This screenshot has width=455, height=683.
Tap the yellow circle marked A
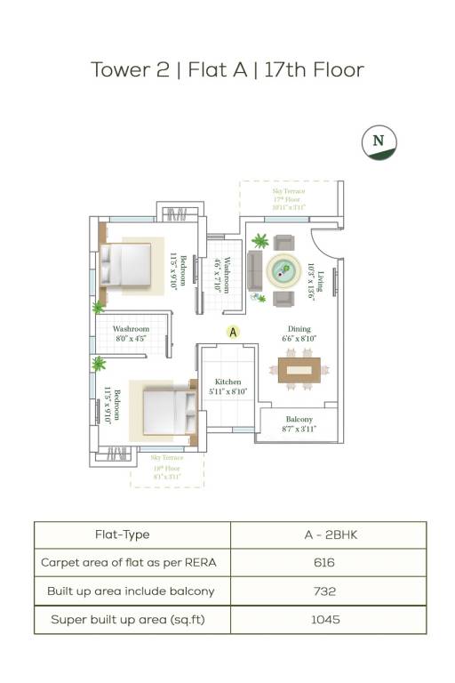(233, 332)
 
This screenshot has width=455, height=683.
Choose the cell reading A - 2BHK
(328, 534)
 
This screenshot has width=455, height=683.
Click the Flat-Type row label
(122, 534)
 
